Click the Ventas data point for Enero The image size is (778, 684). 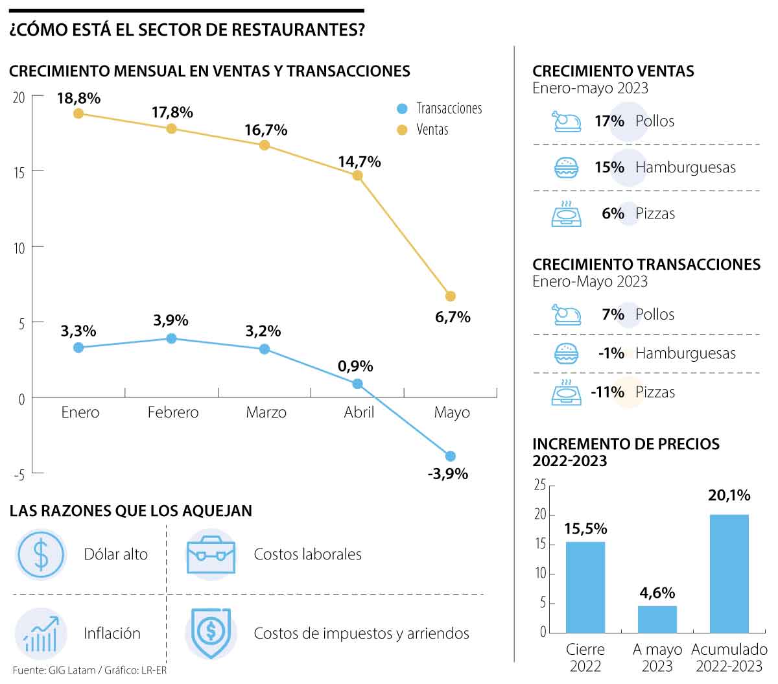click(x=78, y=113)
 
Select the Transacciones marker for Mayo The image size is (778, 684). click(x=451, y=456)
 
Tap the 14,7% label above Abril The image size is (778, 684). click(x=359, y=161)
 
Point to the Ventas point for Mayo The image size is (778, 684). click(x=451, y=296)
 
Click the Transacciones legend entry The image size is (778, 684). click(x=440, y=108)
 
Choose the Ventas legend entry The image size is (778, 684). click(x=424, y=130)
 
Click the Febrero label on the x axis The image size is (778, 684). click(x=173, y=412)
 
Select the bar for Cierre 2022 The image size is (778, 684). click(x=585, y=587)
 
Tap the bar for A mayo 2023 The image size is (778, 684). click(x=657, y=619)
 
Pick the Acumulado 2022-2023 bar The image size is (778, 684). click(x=729, y=573)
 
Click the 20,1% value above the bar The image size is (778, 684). click(x=729, y=495)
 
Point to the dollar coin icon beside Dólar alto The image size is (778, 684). click(x=41, y=554)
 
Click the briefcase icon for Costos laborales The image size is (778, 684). click(x=211, y=555)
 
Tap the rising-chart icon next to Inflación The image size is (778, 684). click(x=41, y=633)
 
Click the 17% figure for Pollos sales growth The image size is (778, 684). click(x=609, y=121)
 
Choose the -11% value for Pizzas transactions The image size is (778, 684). click(x=607, y=392)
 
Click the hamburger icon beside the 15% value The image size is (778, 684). click(x=566, y=168)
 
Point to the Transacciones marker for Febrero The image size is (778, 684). click(x=171, y=338)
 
